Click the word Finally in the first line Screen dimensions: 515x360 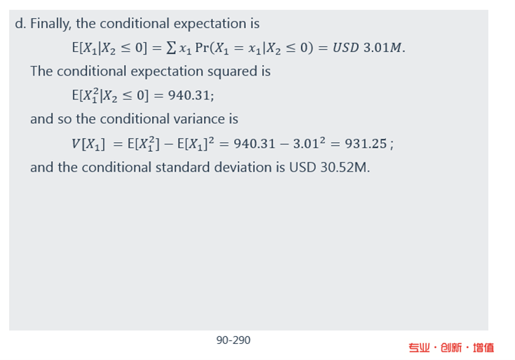tap(50, 24)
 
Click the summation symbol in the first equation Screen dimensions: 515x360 tap(171, 48)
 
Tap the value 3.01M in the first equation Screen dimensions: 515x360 tap(383, 48)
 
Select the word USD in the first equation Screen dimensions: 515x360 tap(345, 48)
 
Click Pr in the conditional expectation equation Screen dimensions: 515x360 tap(202, 48)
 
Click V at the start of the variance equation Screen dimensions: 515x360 tap(76, 144)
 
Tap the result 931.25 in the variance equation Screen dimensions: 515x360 tap(366, 144)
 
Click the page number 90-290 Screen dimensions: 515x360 tap(233, 340)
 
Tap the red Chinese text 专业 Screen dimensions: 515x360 tap(419, 348)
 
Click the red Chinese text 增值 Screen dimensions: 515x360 tap(483, 348)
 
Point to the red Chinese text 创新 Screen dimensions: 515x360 tap(451, 348)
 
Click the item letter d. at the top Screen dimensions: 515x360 tap(20, 24)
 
